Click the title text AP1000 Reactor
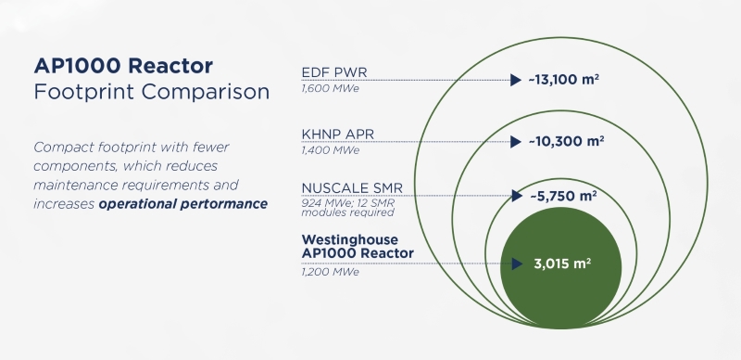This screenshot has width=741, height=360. [x=123, y=67]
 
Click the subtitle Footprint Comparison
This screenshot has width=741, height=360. [x=151, y=93]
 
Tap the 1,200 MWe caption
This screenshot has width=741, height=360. [x=331, y=272]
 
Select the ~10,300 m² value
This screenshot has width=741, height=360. [x=566, y=141]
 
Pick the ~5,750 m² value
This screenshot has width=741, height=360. [x=562, y=196]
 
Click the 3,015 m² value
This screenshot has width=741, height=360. [x=561, y=263]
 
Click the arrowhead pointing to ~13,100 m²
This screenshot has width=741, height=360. [x=516, y=80]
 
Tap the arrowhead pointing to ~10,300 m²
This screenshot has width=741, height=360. [x=516, y=142]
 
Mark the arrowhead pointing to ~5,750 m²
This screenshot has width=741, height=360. [x=516, y=196]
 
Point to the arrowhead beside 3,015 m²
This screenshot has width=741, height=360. [x=516, y=263]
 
